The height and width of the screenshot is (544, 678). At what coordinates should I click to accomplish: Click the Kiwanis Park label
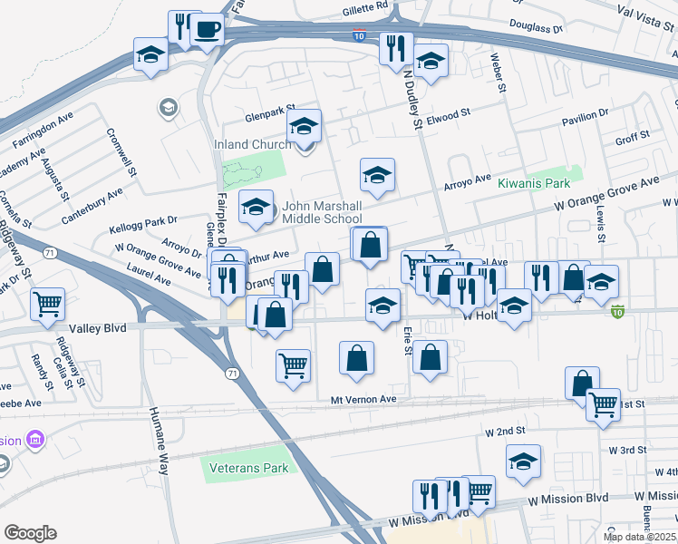pos(540,183)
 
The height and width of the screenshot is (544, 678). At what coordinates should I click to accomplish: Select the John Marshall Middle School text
pos(321,213)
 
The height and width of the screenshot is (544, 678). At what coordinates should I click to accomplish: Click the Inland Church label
pos(252,144)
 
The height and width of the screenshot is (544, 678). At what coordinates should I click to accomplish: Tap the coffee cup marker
pos(208,30)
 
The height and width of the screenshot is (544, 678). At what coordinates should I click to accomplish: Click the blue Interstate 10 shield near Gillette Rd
pos(360,37)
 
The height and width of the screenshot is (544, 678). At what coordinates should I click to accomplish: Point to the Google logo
pos(30,532)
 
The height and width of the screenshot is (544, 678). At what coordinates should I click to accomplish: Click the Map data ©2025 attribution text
pos(640,537)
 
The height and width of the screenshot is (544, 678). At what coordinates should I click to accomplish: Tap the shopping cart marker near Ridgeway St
pos(48,304)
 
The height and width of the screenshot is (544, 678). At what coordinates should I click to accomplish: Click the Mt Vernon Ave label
pos(363,399)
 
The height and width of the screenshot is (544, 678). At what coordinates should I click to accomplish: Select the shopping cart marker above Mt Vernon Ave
pos(293,365)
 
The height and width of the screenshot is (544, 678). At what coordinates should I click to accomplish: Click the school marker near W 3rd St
pos(523,461)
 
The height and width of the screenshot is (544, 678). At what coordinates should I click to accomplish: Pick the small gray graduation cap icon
pos(168,110)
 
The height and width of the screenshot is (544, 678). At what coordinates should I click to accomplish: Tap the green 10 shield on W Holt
pos(618,312)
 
